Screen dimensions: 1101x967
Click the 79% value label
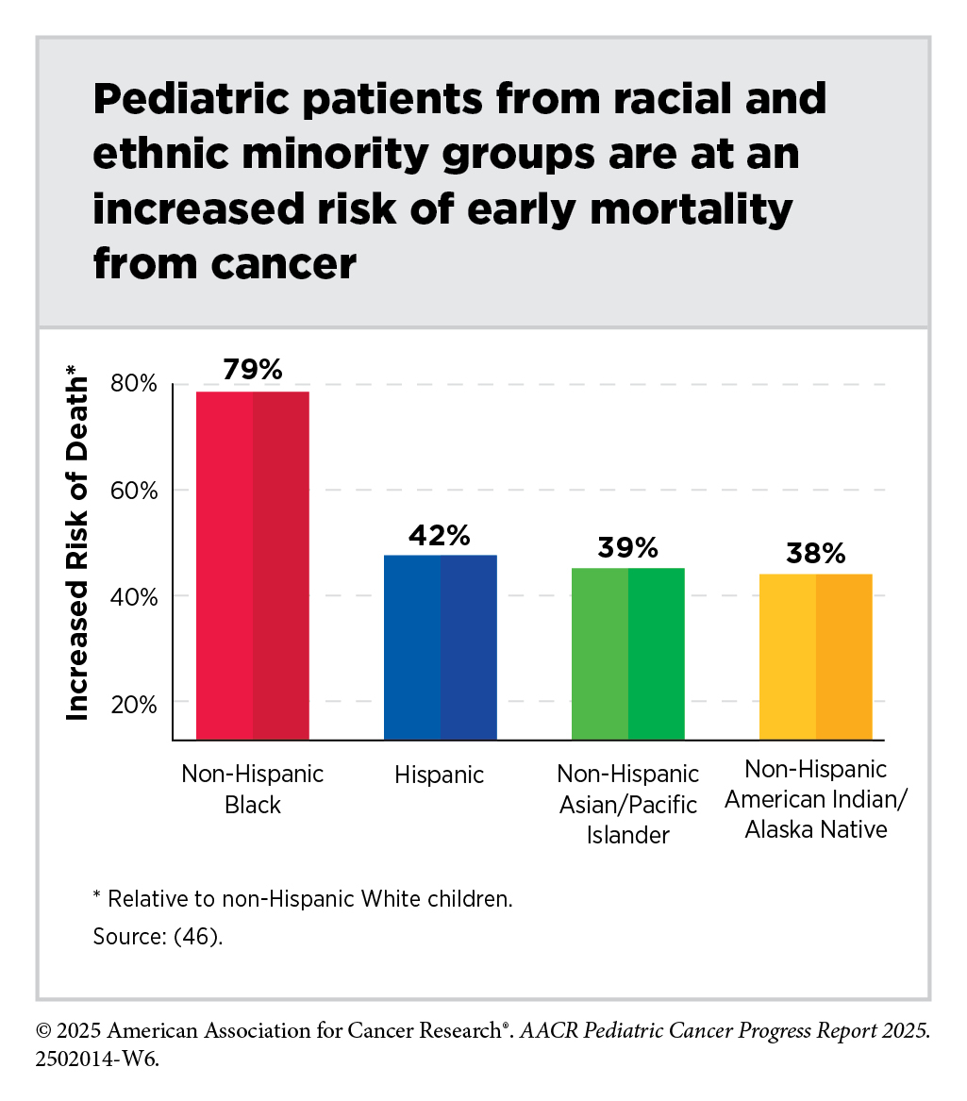(253, 369)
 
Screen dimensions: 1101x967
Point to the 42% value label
(440, 536)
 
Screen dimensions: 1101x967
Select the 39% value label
(627, 549)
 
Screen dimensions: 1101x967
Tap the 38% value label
(815, 554)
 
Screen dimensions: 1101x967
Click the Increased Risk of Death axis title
(77, 549)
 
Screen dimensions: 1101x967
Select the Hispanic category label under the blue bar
(440, 776)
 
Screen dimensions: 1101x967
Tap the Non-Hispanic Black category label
(253, 790)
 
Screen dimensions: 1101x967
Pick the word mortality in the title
(683, 209)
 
